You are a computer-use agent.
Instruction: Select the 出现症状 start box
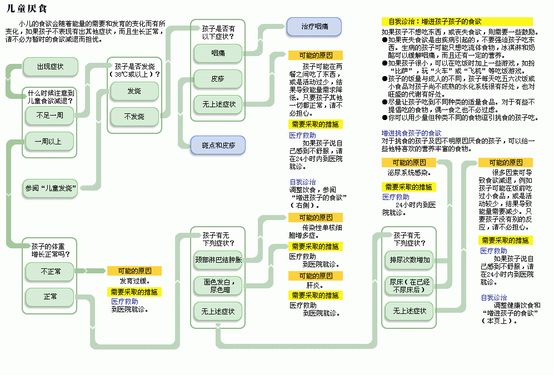click(50, 67)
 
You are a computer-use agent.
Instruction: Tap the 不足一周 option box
click(49, 116)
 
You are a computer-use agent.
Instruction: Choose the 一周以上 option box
click(49, 142)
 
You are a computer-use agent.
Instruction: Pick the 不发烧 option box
click(134, 116)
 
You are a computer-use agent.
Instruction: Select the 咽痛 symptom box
click(218, 53)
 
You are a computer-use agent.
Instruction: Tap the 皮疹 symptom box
click(218, 79)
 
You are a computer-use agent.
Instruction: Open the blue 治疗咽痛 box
click(314, 26)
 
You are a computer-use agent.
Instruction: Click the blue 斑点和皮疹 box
click(218, 146)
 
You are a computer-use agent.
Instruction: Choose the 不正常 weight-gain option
click(51, 271)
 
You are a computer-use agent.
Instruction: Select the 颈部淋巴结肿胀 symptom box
click(218, 259)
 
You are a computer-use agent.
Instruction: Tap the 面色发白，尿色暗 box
click(218, 286)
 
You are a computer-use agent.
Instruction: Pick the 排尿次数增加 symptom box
click(410, 259)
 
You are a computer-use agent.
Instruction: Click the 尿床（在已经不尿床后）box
click(410, 286)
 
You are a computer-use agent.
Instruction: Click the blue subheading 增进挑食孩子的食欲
click(411, 133)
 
